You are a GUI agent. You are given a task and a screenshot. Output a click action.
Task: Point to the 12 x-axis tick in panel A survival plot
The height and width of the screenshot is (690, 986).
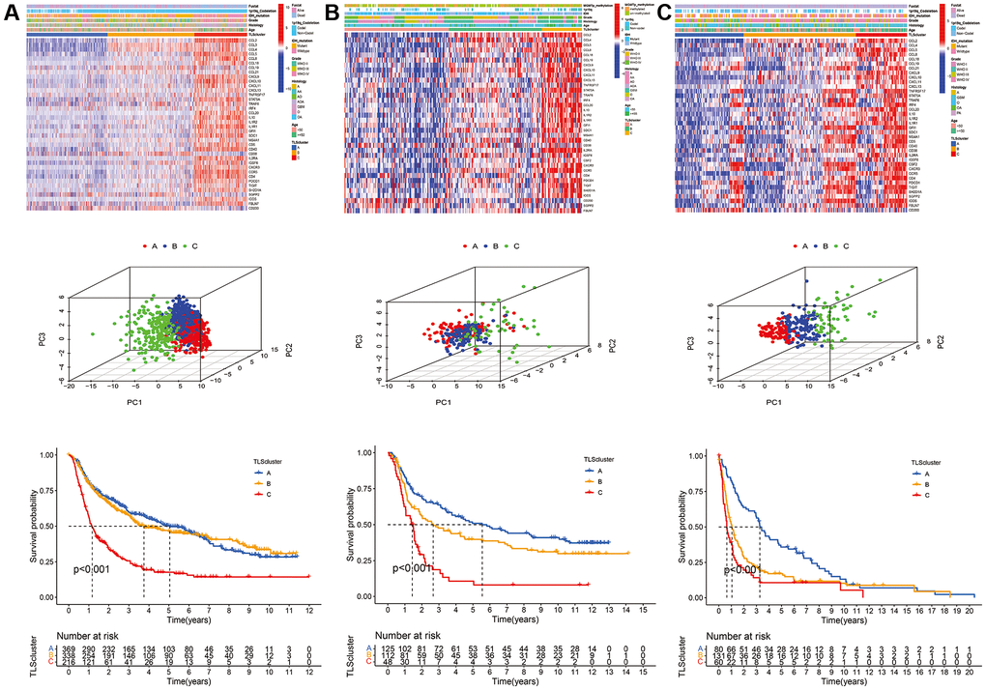tap(308, 611)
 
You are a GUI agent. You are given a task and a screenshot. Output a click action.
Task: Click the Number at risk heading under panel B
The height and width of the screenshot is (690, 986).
tap(414, 633)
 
